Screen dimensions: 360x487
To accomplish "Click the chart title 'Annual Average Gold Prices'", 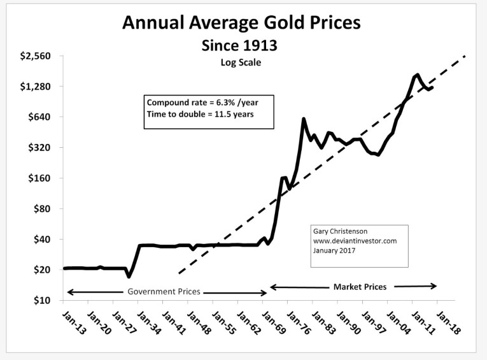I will pyautogui.click(x=241, y=24).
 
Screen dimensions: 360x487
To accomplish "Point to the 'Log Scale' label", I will pyautogui.click(x=241, y=62).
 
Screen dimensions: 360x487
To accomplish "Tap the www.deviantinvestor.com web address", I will pyautogui.click(x=355, y=241).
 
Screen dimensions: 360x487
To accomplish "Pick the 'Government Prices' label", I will pyautogui.click(x=164, y=292).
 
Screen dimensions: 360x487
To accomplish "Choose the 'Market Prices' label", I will pyautogui.click(x=360, y=287).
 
